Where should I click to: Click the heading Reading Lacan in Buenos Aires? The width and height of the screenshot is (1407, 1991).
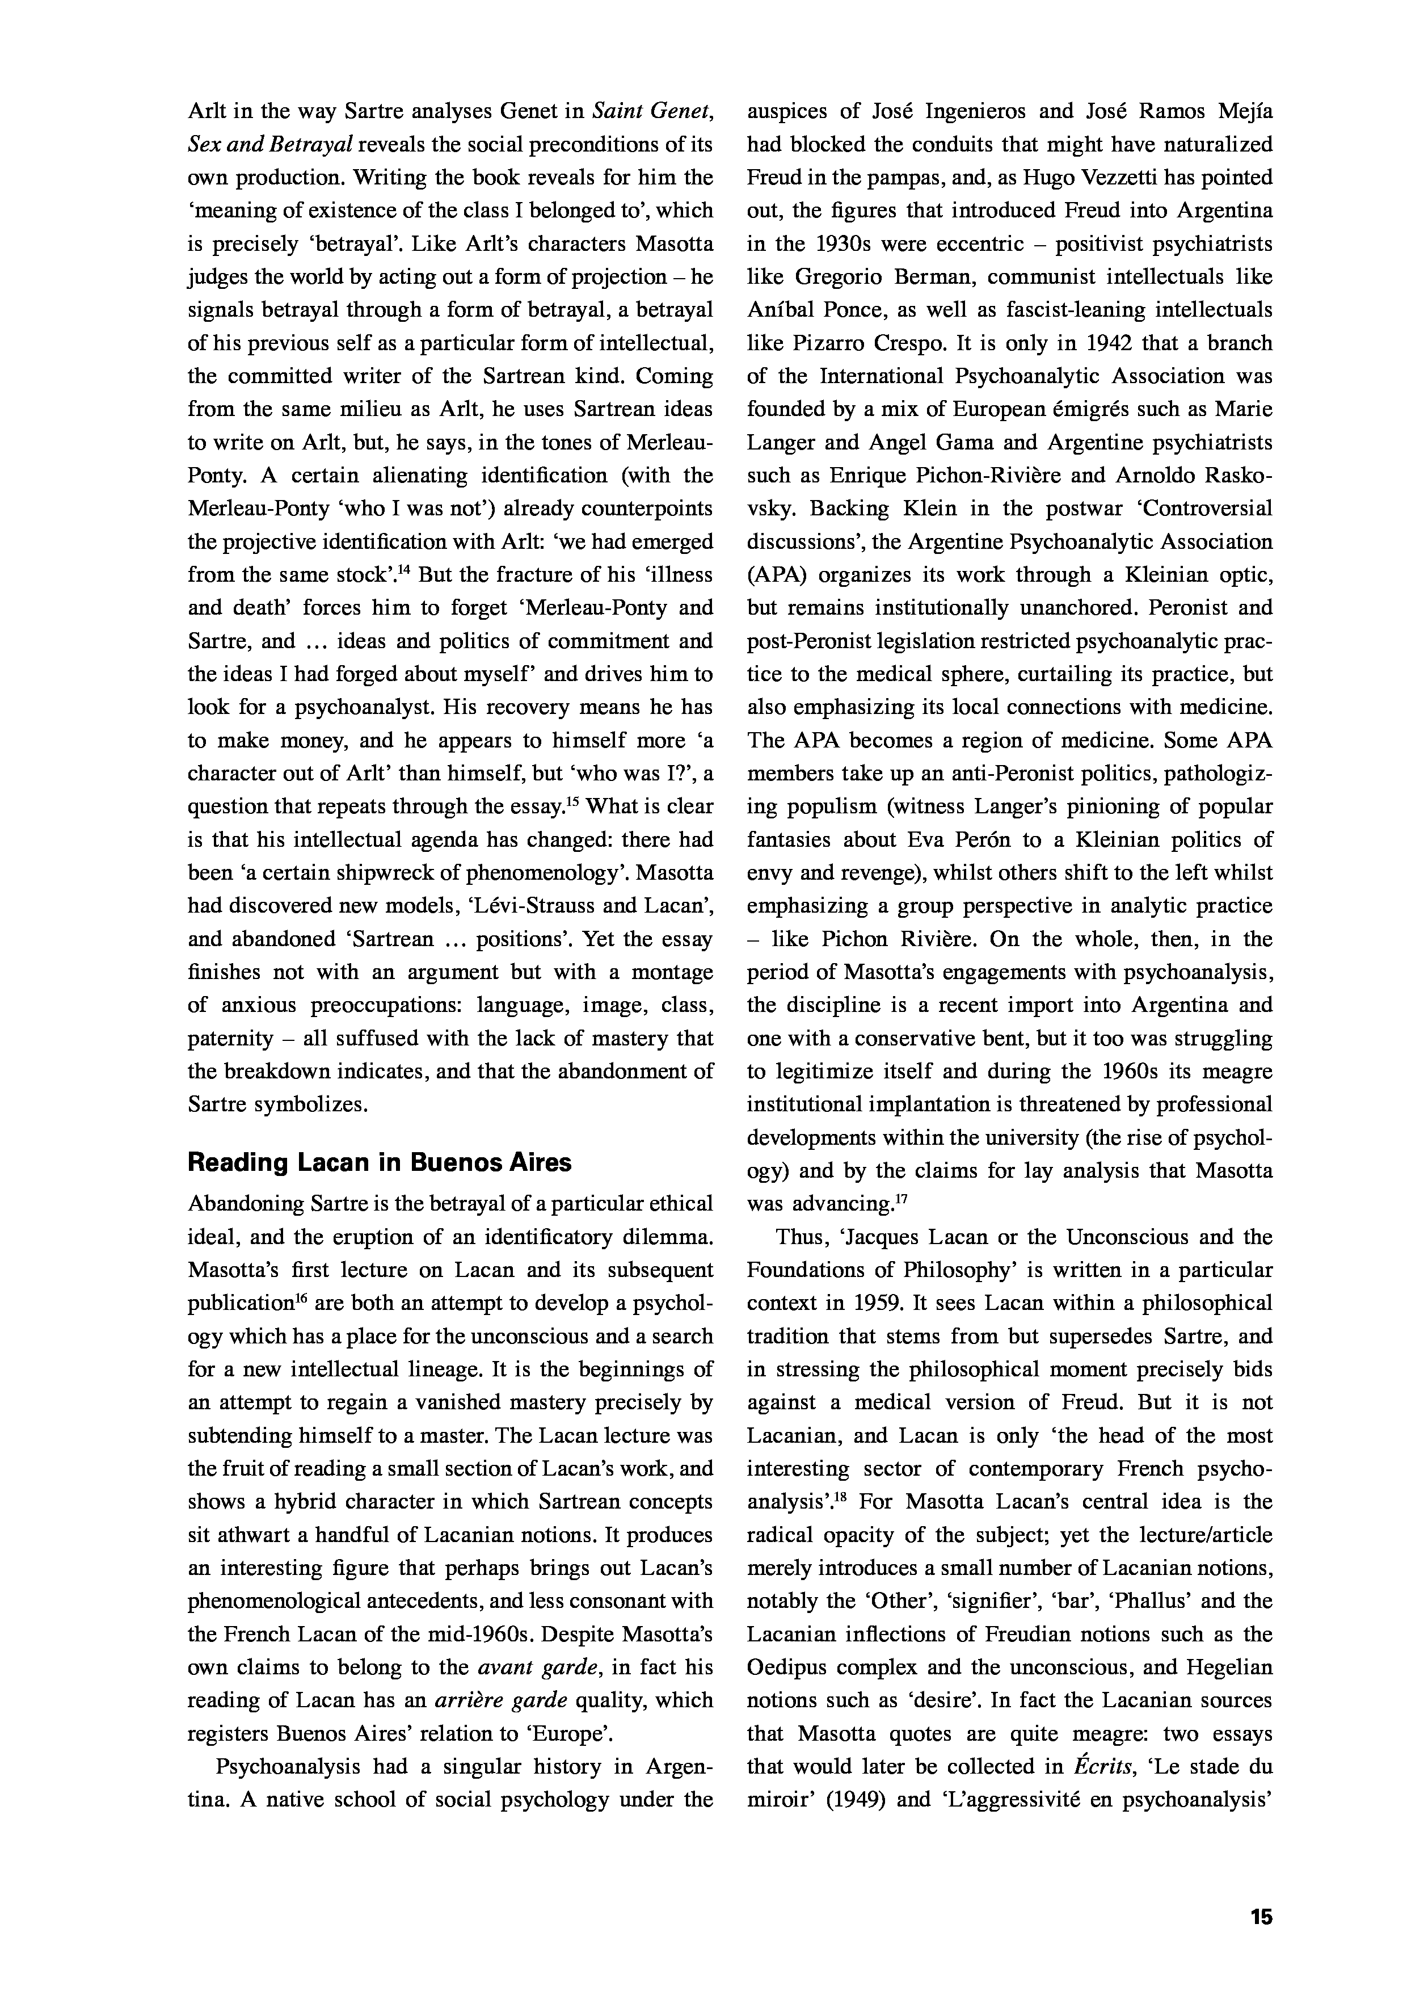tap(380, 1162)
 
